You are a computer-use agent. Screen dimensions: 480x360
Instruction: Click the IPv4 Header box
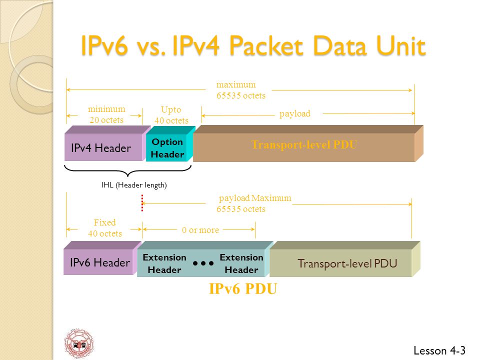104,147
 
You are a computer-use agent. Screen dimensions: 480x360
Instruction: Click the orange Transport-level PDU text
304,144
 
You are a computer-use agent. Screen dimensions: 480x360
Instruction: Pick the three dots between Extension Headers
203,263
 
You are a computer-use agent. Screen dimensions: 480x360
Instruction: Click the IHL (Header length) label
134,185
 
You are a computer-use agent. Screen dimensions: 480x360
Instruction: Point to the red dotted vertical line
142,202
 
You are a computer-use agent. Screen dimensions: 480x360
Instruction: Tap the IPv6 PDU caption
243,288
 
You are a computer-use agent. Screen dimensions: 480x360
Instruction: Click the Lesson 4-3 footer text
439,350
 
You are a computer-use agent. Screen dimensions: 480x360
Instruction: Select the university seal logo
78,343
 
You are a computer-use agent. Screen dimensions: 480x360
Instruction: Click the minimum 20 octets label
106,114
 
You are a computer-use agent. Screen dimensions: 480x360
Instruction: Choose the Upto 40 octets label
171,115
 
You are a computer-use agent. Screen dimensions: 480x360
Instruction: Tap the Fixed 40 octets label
105,228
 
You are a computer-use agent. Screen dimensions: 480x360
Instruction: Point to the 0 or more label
200,230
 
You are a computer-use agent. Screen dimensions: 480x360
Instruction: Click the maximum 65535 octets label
241,90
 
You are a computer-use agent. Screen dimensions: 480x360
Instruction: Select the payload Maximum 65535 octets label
254,203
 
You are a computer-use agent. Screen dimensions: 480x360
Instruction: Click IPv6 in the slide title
104,46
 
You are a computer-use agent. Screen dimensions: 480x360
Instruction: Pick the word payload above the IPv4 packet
295,113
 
